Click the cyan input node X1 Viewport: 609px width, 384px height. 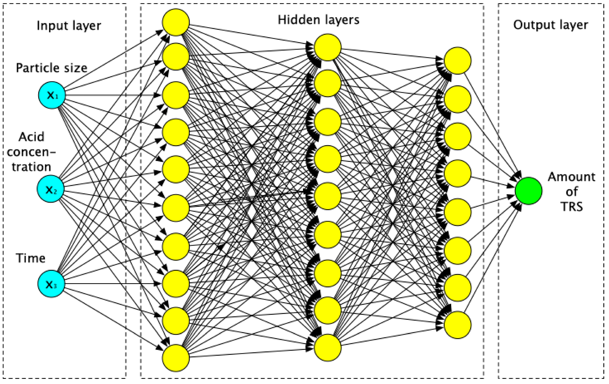(52, 95)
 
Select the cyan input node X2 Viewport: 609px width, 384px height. (51, 189)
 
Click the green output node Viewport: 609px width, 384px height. (528, 191)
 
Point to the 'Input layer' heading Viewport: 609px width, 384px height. (69, 26)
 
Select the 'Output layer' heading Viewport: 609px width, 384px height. (550, 25)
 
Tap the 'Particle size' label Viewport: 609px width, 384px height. (52, 68)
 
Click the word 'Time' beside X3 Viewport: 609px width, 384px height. (31, 258)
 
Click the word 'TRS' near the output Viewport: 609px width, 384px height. (572, 206)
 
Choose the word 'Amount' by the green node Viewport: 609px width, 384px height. (571, 177)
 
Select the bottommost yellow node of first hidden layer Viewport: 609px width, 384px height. (176, 358)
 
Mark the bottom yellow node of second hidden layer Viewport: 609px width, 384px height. (327, 347)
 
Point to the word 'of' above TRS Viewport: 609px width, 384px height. (572, 192)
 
